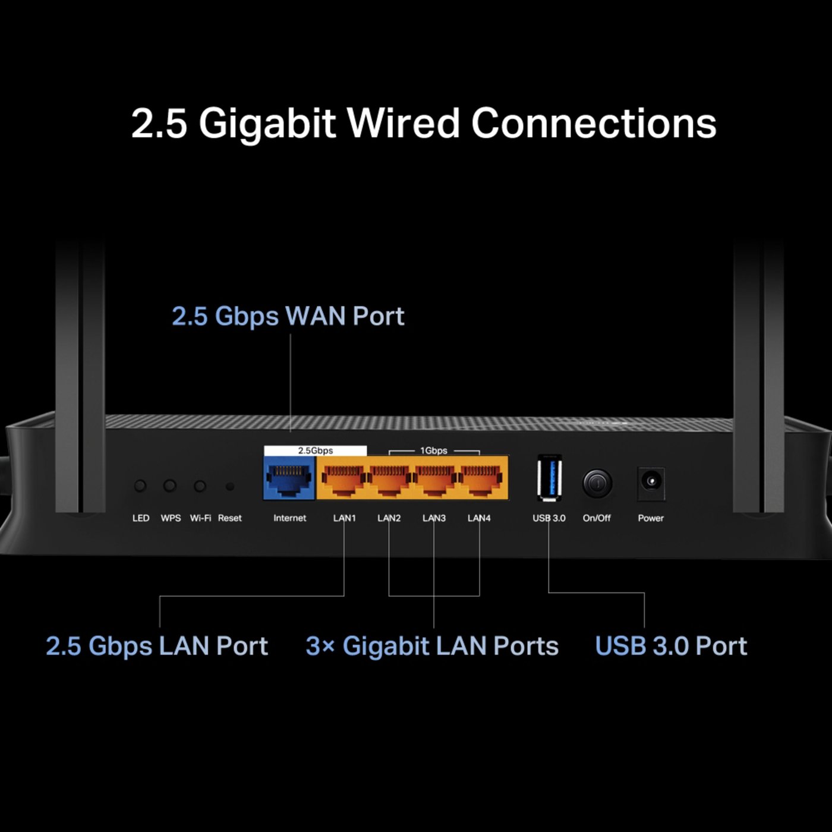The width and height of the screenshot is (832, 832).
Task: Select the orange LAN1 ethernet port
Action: click(x=343, y=479)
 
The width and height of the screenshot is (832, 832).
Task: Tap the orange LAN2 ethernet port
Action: click(x=389, y=479)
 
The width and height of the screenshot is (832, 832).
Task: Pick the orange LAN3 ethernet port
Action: click(x=434, y=479)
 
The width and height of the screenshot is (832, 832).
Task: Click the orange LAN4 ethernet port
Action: click(x=480, y=479)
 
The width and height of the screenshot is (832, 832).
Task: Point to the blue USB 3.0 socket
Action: click(x=549, y=477)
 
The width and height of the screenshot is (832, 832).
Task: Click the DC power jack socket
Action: click(x=651, y=481)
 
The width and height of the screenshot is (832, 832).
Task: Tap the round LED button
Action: click(x=140, y=486)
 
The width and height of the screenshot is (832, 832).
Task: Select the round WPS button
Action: click(x=170, y=486)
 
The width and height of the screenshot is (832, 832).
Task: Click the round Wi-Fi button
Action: click(x=200, y=486)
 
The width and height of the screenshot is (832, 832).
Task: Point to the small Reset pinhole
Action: click(x=230, y=486)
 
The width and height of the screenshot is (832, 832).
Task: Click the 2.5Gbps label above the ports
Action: click(x=315, y=450)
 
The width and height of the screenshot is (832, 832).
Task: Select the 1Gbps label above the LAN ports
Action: click(x=434, y=450)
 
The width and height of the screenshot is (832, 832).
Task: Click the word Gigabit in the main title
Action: click(x=267, y=123)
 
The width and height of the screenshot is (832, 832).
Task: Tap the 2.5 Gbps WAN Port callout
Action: click(x=288, y=316)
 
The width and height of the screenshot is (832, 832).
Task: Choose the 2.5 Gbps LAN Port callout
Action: click(x=157, y=646)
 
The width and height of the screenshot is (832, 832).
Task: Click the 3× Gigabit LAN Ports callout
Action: click(x=432, y=646)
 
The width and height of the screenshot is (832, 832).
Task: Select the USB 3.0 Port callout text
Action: click(x=671, y=646)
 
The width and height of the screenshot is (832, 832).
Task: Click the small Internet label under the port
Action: click(x=289, y=518)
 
